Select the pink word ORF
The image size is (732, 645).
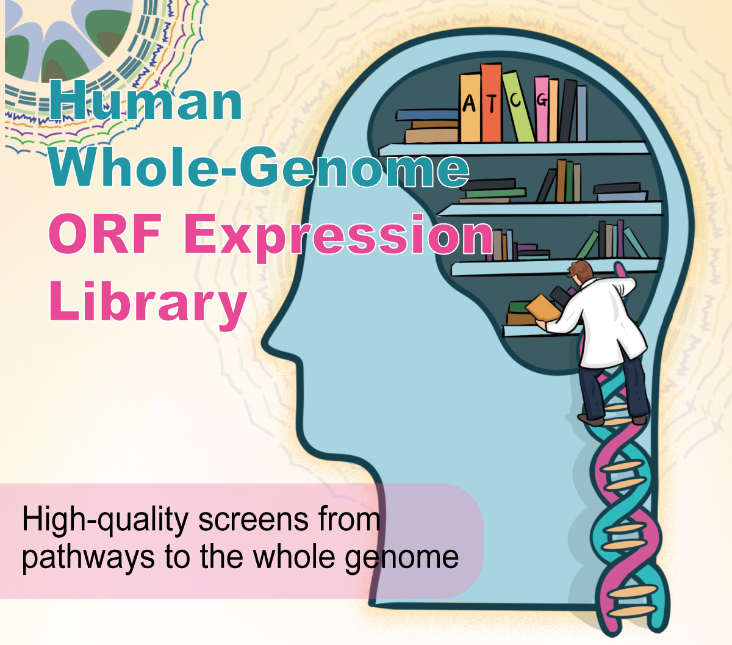tap(105, 236)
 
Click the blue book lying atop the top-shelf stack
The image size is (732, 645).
tap(426, 114)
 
